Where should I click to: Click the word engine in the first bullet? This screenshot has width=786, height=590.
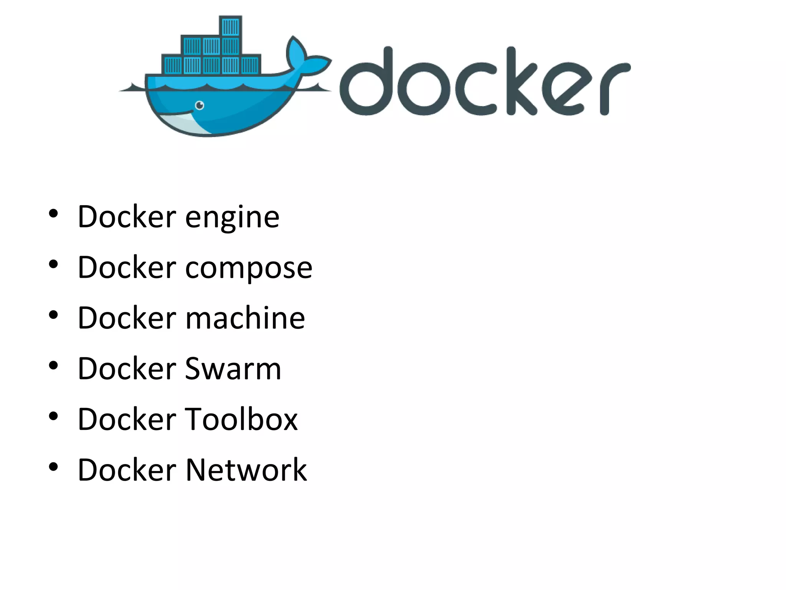pos(232,217)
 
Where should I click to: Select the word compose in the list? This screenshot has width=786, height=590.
pos(249,268)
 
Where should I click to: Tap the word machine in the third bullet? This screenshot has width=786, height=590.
pos(245,318)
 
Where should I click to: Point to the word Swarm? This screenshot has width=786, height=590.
pos(233,369)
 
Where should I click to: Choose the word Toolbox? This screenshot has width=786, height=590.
pos(241,419)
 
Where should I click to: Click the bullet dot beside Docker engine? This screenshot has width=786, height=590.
pos(53,214)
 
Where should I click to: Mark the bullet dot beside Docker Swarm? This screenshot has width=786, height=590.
pos(53,365)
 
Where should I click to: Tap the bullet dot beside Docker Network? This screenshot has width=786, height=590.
pos(53,467)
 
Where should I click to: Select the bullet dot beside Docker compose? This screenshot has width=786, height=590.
pos(53,264)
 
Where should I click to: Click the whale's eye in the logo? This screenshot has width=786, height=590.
pos(200,105)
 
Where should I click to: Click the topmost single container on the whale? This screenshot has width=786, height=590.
pos(231,26)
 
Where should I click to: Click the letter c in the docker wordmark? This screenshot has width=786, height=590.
pos(475,89)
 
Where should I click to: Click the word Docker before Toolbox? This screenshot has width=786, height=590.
pos(127,419)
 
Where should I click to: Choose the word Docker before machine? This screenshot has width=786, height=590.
pos(127,318)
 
